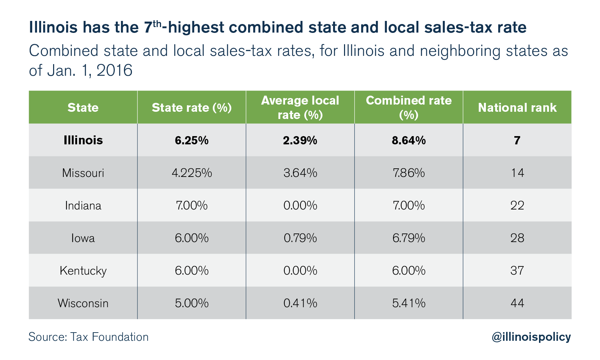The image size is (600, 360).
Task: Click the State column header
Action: (x=83, y=108)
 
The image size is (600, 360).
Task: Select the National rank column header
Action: (x=517, y=108)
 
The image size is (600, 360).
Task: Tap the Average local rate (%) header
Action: (x=300, y=107)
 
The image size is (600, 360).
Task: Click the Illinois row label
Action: (x=83, y=140)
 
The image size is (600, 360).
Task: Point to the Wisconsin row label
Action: (x=83, y=303)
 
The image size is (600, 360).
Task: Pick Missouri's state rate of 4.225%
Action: (x=192, y=173)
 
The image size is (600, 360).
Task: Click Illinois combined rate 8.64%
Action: (x=408, y=140)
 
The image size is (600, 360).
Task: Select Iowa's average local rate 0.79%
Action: (x=300, y=238)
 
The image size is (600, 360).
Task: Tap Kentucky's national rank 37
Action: (x=517, y=271)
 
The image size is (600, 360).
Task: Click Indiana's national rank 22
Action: (x=517, y=205)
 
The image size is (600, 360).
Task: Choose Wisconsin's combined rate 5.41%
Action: (x=408, y=303)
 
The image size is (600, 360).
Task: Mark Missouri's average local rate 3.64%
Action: (x=300, y=173)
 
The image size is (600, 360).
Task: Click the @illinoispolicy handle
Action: (x=531, y=337)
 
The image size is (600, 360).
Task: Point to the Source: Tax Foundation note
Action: (x=88, y=337)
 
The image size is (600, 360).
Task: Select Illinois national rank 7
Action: (x=517, y=140)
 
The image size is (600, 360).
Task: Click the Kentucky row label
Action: (x=83, y=271)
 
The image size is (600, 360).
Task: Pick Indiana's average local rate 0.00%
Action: (x=300, y=205)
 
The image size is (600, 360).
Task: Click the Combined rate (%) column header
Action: (x=408, y=107)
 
